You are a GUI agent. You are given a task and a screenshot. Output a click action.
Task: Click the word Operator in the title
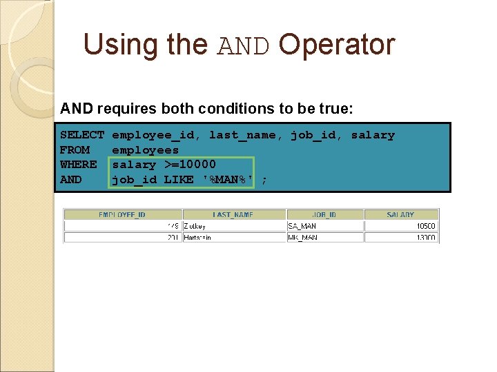coord(337,45)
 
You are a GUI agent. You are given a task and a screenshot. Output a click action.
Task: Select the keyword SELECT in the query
coord(81,136)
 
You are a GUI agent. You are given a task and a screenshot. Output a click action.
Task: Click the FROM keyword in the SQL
coord(75,150)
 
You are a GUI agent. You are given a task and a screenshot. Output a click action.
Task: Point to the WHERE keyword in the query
coord(78,165)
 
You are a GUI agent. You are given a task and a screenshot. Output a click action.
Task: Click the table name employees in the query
coord(145,150)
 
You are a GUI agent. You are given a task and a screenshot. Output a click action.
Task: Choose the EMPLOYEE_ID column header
coord(123,215)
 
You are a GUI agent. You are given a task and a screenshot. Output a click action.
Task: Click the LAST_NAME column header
coord(233,215)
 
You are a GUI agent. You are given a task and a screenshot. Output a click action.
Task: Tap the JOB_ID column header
coord(324,215)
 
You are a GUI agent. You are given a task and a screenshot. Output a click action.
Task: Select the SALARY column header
coord(400,215)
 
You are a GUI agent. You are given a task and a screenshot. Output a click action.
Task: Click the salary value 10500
coord(425,226)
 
